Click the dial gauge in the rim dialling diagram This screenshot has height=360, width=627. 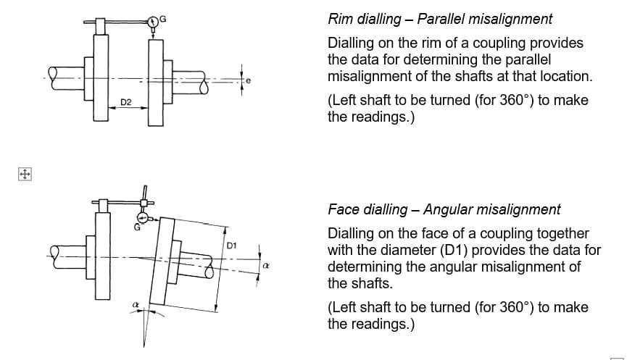click(153, 22)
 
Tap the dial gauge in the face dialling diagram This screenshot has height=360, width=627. click(143, 218)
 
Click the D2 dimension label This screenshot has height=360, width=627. click(126, 102)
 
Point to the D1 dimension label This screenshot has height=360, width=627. click(232, 246)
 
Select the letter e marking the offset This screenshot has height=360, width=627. click(249, 80)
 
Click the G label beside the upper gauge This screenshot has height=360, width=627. click(163, 19)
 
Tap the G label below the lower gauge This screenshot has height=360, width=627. click(137, 227)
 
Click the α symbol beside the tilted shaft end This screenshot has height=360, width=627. click(266, 265)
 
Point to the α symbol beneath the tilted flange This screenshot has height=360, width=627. click(136, 305)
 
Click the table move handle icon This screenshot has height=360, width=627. click(25, 175)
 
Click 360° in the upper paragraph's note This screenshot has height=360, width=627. click(517, 100)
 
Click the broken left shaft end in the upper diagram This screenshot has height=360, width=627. click(53, 78)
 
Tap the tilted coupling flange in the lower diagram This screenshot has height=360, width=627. click(162, 261)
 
